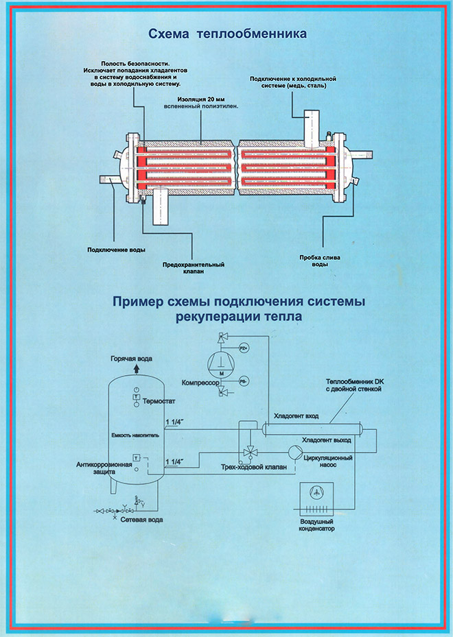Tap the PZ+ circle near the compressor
coord(243,349)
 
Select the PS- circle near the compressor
coord(243,380)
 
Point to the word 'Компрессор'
coord(200,381)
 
